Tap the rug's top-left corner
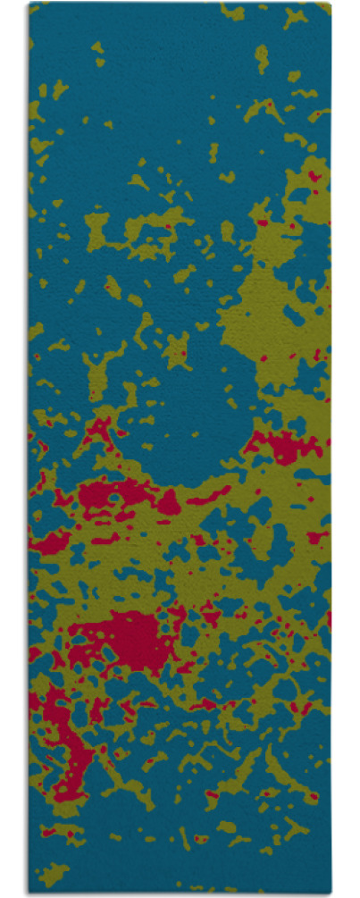29,4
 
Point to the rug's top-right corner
331,4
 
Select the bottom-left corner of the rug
29,893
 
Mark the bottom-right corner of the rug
331,893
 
